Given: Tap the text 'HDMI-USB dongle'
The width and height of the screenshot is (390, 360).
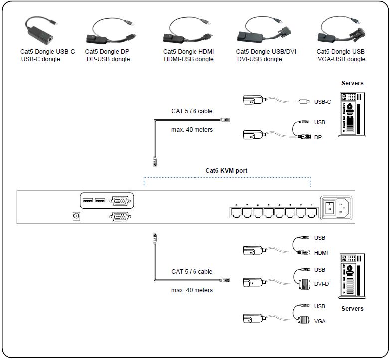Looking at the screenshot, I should click(x=189, y=59).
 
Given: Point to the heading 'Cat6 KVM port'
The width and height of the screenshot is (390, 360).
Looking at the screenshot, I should click(x=226, y=171).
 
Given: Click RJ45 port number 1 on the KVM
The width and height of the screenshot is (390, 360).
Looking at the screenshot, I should click(x=312, y=212).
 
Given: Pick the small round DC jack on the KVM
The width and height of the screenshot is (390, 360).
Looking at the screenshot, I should click(x=77, y=216).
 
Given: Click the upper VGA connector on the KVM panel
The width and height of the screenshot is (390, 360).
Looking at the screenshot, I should click(x=120, y=201).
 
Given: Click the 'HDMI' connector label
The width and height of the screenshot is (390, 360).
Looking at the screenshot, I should click(x=321, y=253).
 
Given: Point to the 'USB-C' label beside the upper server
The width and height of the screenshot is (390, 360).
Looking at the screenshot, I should click(x=322, y=102).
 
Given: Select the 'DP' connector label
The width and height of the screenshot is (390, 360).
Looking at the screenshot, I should click(x=318, y=137).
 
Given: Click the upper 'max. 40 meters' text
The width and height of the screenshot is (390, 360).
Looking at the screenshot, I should click(x=192, y=130).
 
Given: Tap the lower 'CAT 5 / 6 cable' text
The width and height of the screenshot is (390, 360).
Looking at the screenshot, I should click(x=192, y=272).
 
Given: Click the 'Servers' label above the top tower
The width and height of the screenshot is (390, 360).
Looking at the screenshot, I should click(x=352, y=83).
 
